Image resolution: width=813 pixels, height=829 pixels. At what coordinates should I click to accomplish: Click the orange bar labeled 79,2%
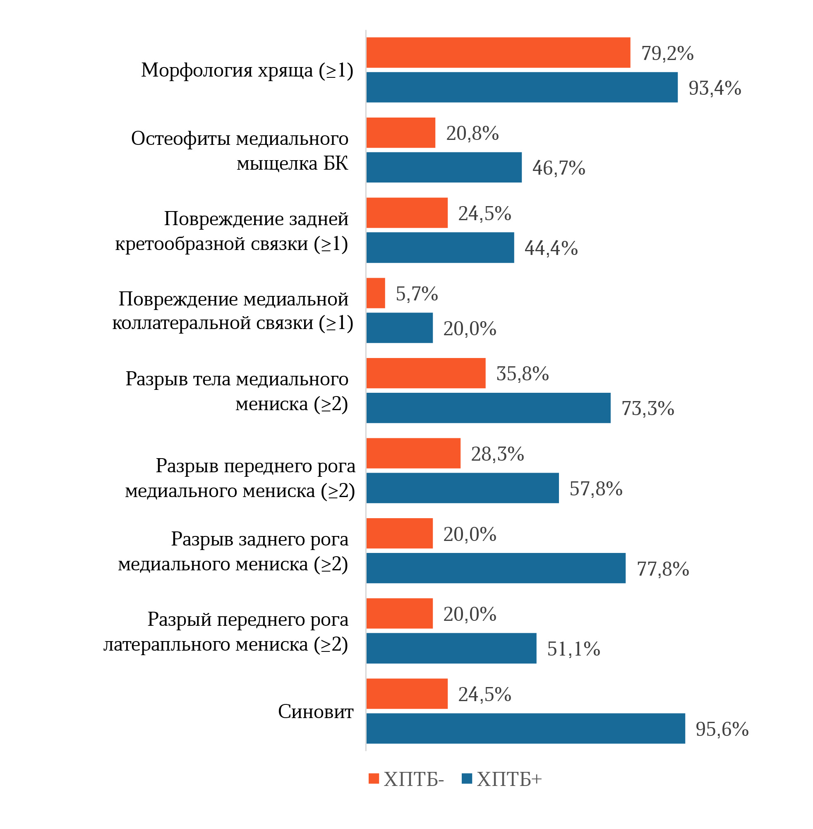tap(498, 53)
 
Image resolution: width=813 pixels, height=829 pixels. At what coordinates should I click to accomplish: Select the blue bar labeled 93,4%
tap(522, 87)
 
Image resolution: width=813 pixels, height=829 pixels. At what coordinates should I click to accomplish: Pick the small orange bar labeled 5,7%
tap(376, 293)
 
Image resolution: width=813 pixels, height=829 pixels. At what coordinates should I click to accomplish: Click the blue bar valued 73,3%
tap(488, 408)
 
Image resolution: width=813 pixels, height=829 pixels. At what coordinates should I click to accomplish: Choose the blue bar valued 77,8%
tap(496, 568)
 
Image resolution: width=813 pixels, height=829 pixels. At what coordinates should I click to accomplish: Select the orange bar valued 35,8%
tap(426, 373)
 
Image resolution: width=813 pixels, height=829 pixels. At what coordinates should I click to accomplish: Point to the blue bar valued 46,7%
tap(444, 168)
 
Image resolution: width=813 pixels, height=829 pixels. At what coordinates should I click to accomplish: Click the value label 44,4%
tap(551, 248)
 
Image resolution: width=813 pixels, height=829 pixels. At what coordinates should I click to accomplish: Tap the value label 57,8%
tap(596, 489)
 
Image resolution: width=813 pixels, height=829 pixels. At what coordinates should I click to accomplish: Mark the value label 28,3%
tap(497, 454)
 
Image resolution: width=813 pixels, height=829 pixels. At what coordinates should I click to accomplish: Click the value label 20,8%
tap(472, 133)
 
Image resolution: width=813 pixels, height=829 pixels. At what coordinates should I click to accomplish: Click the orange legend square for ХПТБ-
tap(374, 779)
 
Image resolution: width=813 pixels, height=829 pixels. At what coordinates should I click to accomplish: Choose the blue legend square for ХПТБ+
tap(467, 779)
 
